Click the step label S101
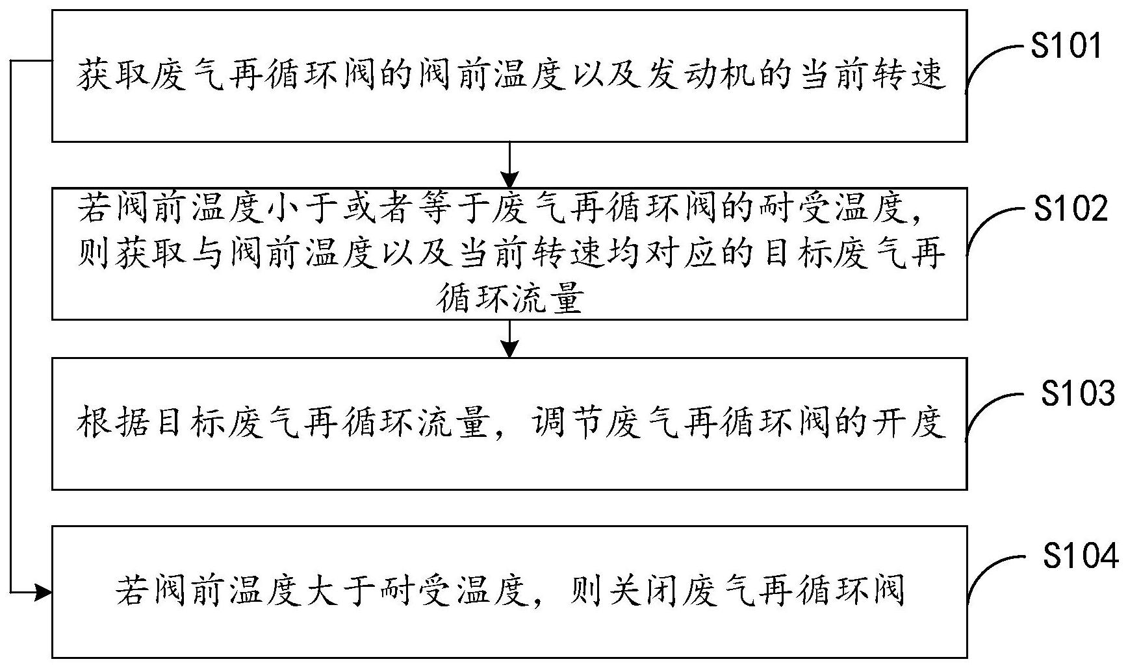(1066, 47)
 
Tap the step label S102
(1070, 210)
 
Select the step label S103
(1078, 393)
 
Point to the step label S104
(1081, 557)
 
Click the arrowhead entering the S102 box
(510, 179)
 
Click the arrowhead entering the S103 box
(510, 349)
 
